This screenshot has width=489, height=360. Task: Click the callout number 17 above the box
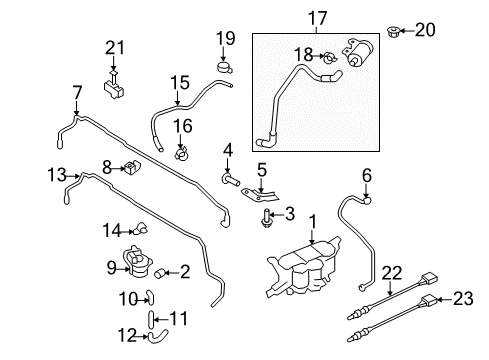pos(318,18)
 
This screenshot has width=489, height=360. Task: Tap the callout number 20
pos(425,30)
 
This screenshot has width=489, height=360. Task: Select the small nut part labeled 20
pos(394,32)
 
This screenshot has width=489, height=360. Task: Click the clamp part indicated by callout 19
pos(224,67)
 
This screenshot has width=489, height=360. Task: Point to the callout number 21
pos(114,48)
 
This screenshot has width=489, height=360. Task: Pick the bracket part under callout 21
pos(114,86)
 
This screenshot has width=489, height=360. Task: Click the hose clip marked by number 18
pos(330,58)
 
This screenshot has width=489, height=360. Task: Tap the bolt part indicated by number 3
pos(266,218)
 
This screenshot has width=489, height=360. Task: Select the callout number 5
pos(262,170)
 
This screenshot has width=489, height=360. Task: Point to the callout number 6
pos(367,176)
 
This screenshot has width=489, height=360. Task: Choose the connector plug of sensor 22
pos(430,278)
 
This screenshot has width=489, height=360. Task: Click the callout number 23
pos(463,298)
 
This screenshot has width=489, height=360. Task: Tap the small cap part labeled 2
pos(160,273)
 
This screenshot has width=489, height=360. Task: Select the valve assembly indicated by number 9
pos(137,262)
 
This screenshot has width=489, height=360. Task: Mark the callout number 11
pos(179,318)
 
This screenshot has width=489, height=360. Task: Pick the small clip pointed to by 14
pos(140,228)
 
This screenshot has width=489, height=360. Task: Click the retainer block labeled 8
pos(132,166)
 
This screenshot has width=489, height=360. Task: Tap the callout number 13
pos(57,175)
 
